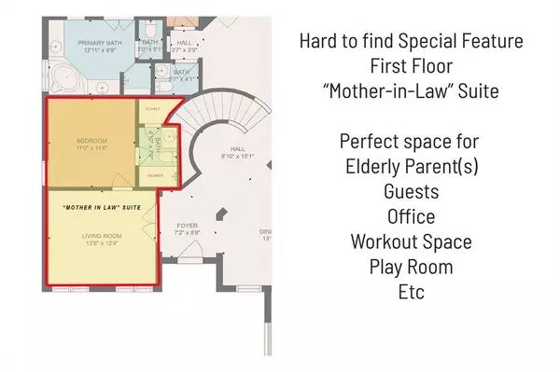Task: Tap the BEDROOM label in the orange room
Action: coord(92,141)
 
